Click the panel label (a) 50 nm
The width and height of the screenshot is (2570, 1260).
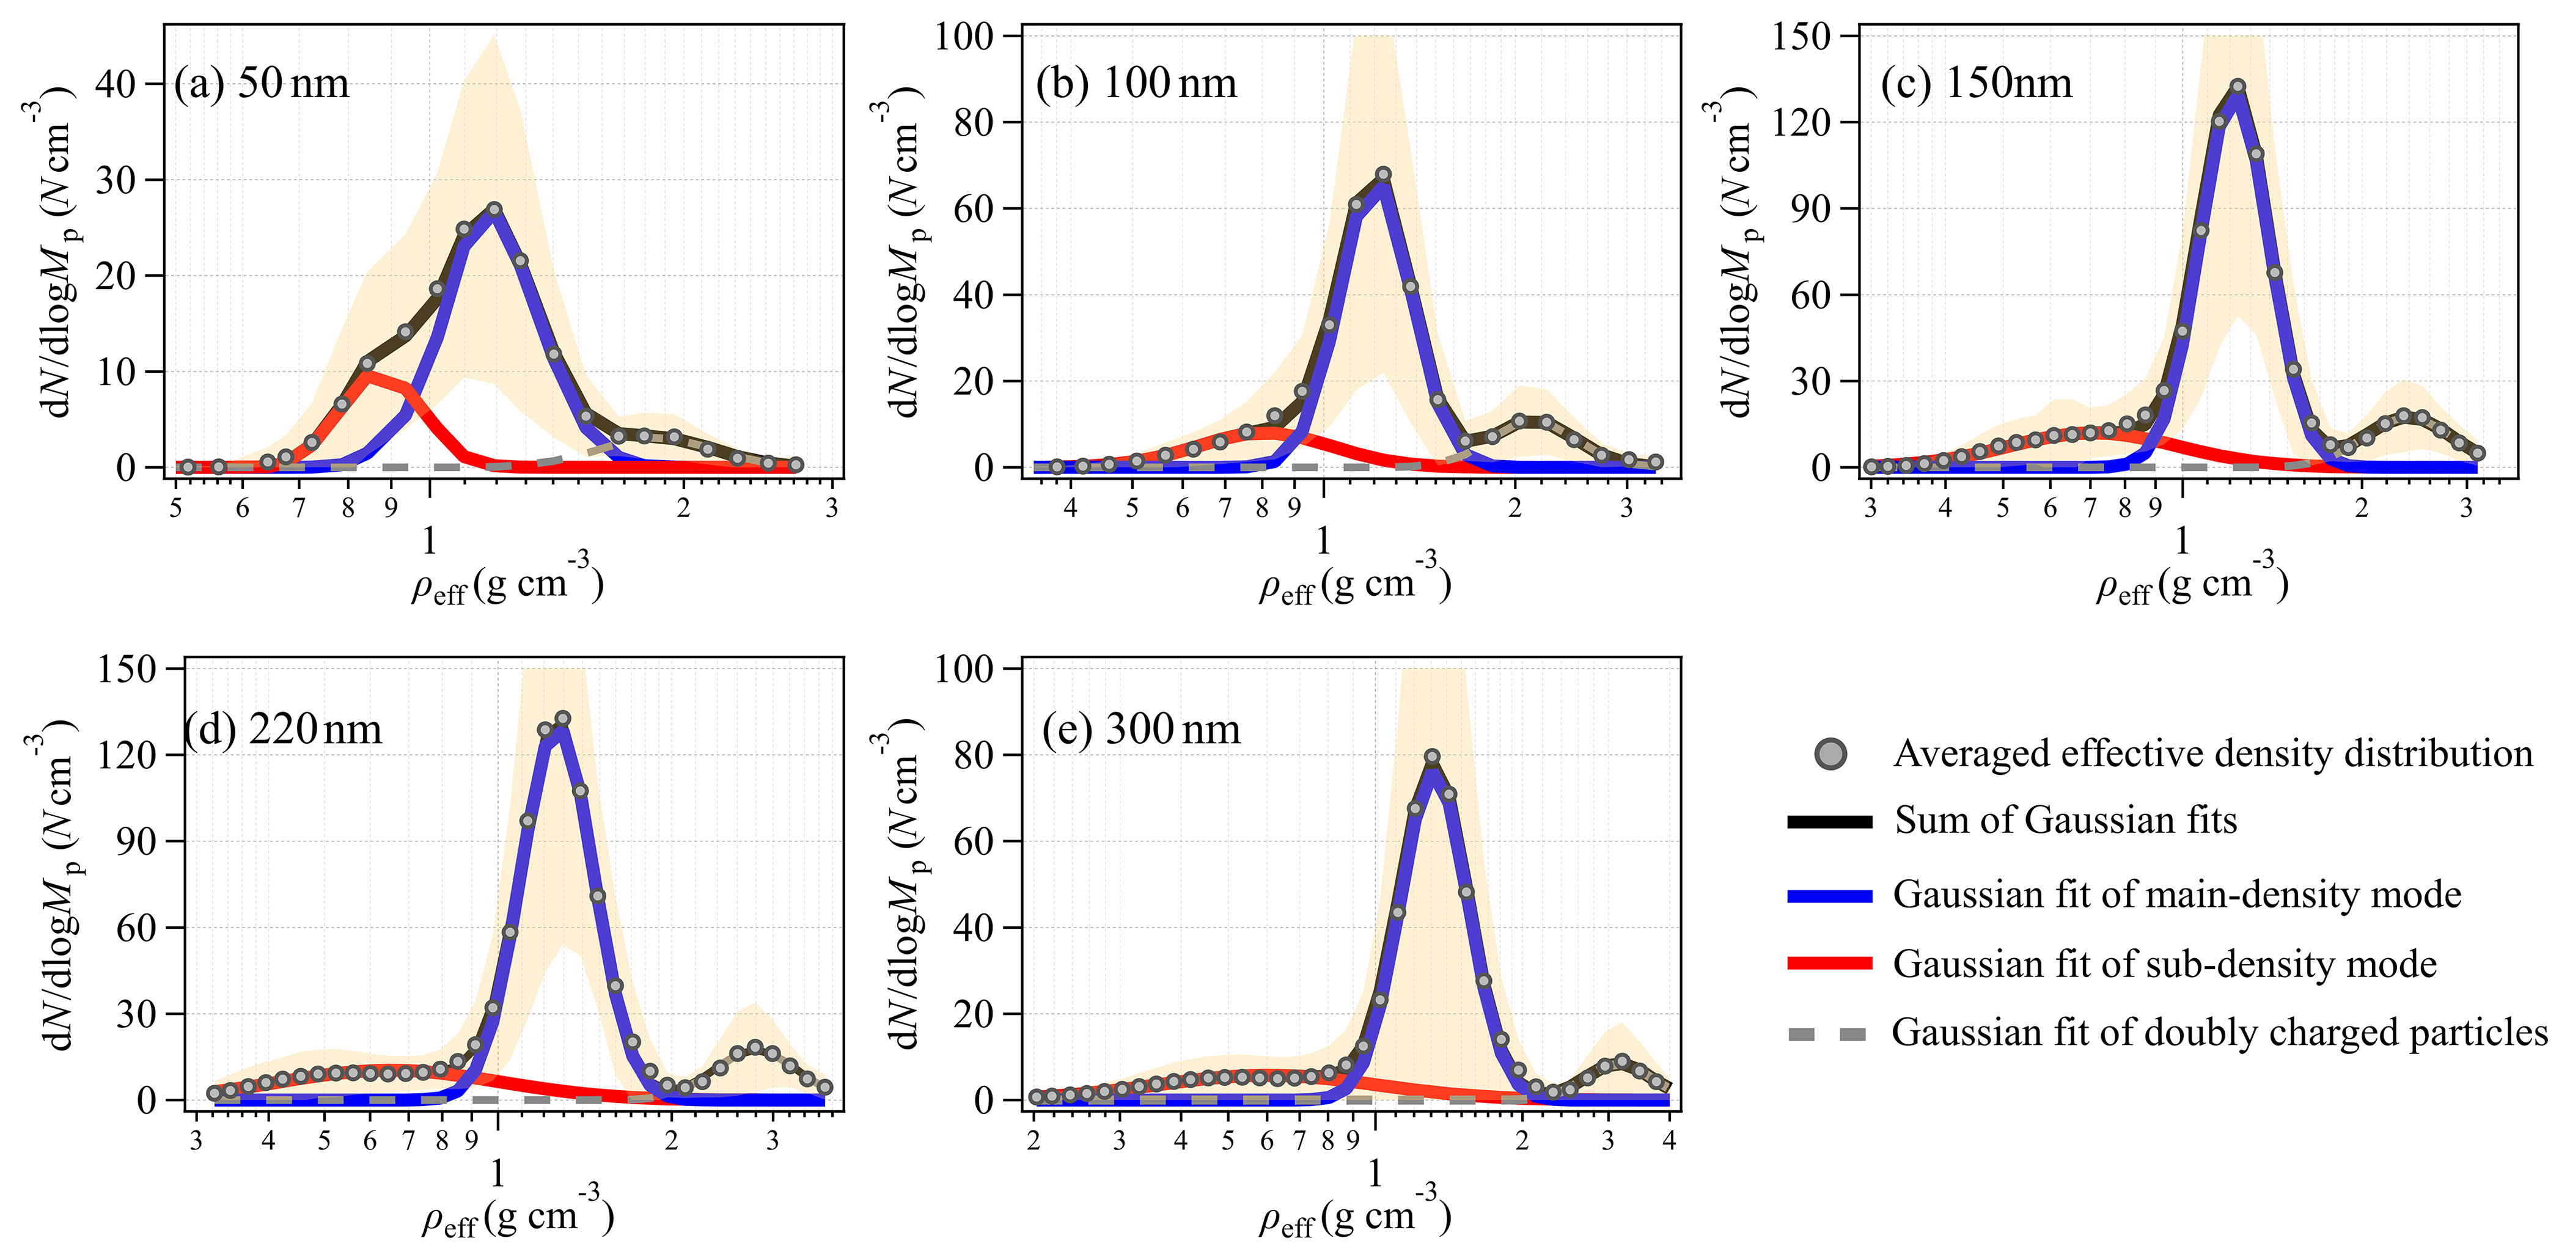coord(262,83)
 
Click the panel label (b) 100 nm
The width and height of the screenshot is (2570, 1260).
coord(1136,83)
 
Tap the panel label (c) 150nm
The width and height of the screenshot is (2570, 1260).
coord(1975,83)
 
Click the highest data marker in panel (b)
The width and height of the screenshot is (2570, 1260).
coord(1382,175)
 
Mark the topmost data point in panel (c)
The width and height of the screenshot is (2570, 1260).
coord(2238,87)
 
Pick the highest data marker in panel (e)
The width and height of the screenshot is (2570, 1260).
coord(1431,757)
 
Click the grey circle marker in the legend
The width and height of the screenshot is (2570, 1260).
coord(1830,754)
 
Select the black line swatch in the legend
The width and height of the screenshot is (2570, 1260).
coord(1830,821)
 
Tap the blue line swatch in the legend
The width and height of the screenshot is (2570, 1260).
coord(1830,896)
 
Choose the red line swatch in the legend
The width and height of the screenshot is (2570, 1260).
coord(1830,964)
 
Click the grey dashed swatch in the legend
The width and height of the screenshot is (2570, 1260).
coord(1830,1033)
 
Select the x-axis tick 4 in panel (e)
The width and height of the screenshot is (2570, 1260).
coord(1669,1138)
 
